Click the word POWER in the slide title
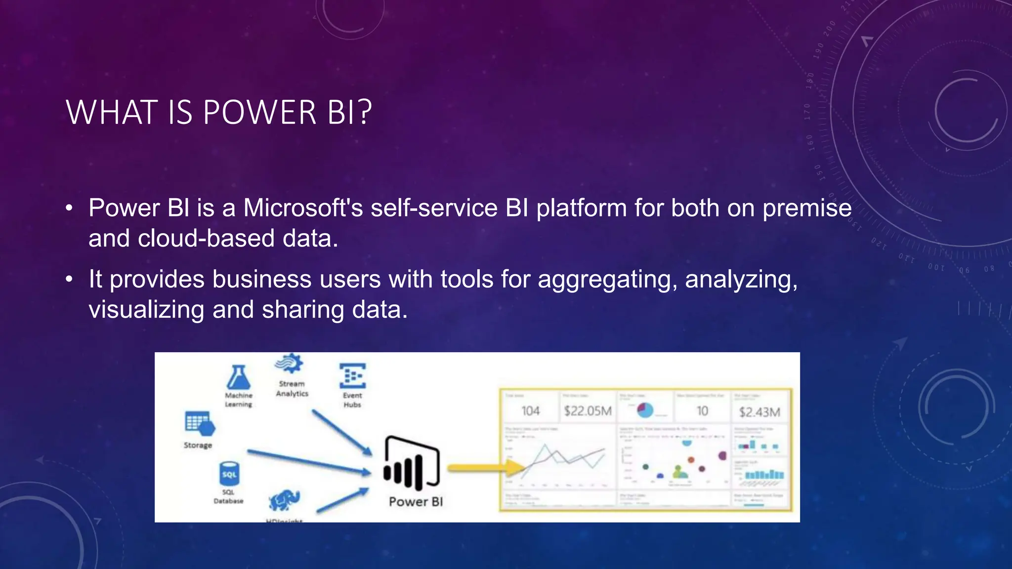coord(259,113)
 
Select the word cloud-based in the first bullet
coord(206,239)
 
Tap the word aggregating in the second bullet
coord(606,279)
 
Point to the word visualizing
coord(146,310)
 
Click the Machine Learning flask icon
coord(238,378)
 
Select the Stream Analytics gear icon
coord(290,365)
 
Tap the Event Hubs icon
coord(352,376)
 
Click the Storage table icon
coord(199,424)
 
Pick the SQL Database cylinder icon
coord(229,474)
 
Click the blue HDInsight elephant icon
coord(285,500)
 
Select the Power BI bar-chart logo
coord(411,463)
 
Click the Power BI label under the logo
coord(416,502)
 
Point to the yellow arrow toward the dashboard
coord(486,468)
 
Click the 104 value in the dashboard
coord(531,411)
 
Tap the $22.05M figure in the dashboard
coord(588,411)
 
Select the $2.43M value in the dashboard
coord(759,412)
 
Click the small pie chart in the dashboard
coord(645,409)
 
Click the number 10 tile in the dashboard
coord(702,411)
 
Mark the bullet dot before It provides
coord(70,280)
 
